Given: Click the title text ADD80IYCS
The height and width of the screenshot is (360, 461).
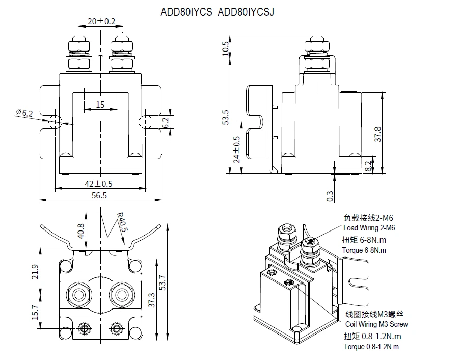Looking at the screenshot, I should [x=186, y=12].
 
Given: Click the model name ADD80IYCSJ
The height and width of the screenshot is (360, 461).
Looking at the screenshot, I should [x=246, y=12].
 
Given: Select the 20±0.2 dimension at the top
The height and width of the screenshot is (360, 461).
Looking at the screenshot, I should [x=101, y=21].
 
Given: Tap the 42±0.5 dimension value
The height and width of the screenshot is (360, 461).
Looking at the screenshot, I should [x=98, y=183].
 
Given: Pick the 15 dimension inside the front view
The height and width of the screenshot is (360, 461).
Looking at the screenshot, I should [x=100, y=105].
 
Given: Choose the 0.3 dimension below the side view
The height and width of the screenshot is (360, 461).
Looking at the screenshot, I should [x=330, y=195].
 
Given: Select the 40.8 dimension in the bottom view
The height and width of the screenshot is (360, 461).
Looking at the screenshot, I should [x=80, y=230].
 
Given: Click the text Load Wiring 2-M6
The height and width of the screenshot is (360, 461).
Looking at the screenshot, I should [x=369, y=228].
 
